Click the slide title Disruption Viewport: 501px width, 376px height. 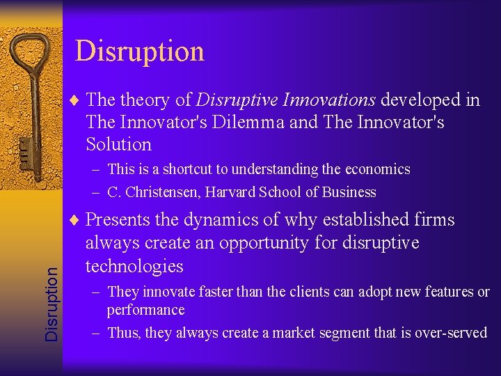tap(139, 52)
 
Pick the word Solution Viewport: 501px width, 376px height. tap(118, 145)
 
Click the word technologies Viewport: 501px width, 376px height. tap(134, 267)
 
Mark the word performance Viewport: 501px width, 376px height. tap(145, 310)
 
